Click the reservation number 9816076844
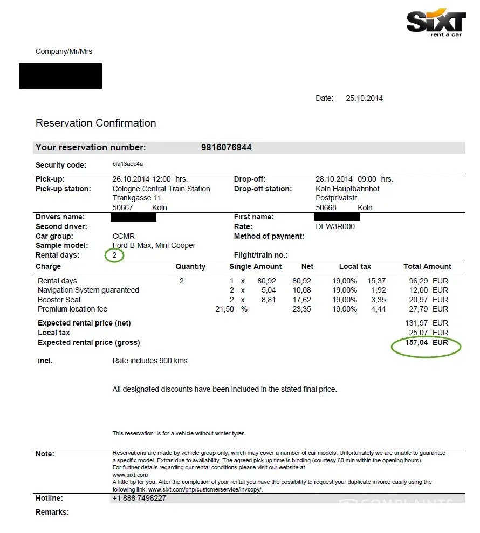point(226,148)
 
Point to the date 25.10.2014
point(364,99)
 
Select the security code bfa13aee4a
point(127,164)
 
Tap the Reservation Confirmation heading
point(95,123)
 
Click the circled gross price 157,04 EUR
point(426,342)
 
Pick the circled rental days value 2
point(114,255)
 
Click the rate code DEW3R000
point(335,227)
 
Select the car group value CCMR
point(124,236)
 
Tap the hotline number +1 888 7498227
point(139,498)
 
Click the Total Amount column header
point(427,266)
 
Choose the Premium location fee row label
point(72,309)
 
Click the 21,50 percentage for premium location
point(224,309)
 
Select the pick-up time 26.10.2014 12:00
point(142,179)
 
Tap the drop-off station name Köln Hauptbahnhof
point(347,189)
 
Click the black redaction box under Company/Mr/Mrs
point(60,76)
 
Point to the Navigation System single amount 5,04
point(268,290)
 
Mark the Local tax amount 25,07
point(419,333)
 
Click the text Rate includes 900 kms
point(150,361)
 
